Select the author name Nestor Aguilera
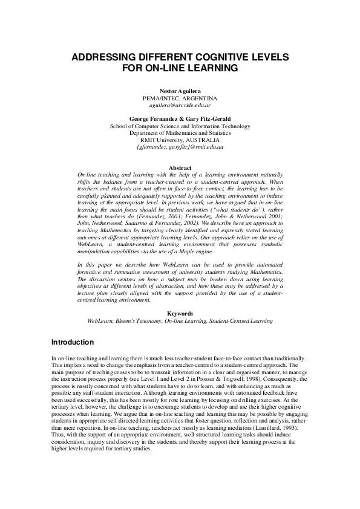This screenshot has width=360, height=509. [180, 90]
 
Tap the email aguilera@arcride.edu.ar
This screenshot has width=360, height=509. [180, 105]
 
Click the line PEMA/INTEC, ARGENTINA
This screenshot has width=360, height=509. [180, 97]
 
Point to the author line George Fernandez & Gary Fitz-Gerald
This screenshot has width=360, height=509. [180, 119]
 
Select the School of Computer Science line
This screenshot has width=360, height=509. [180, 126]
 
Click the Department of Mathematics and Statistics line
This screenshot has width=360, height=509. [180, 133]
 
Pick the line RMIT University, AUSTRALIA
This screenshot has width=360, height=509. [180, 140]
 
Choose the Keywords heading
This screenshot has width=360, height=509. [180, 314]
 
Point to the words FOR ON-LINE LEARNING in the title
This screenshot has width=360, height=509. [180, 68]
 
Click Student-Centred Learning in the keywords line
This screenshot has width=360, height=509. [238, 321]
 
